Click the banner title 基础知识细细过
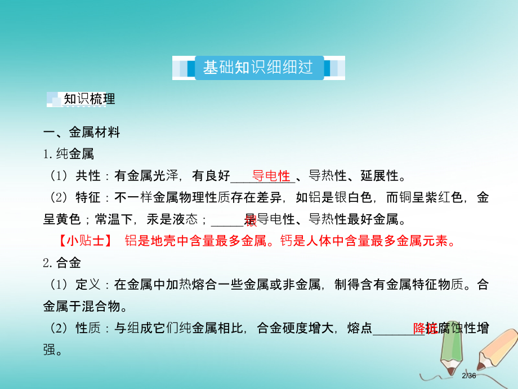point(258,68)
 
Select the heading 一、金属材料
point(82,133)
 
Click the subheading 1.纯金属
point(69,154)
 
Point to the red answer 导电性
point(270,175)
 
